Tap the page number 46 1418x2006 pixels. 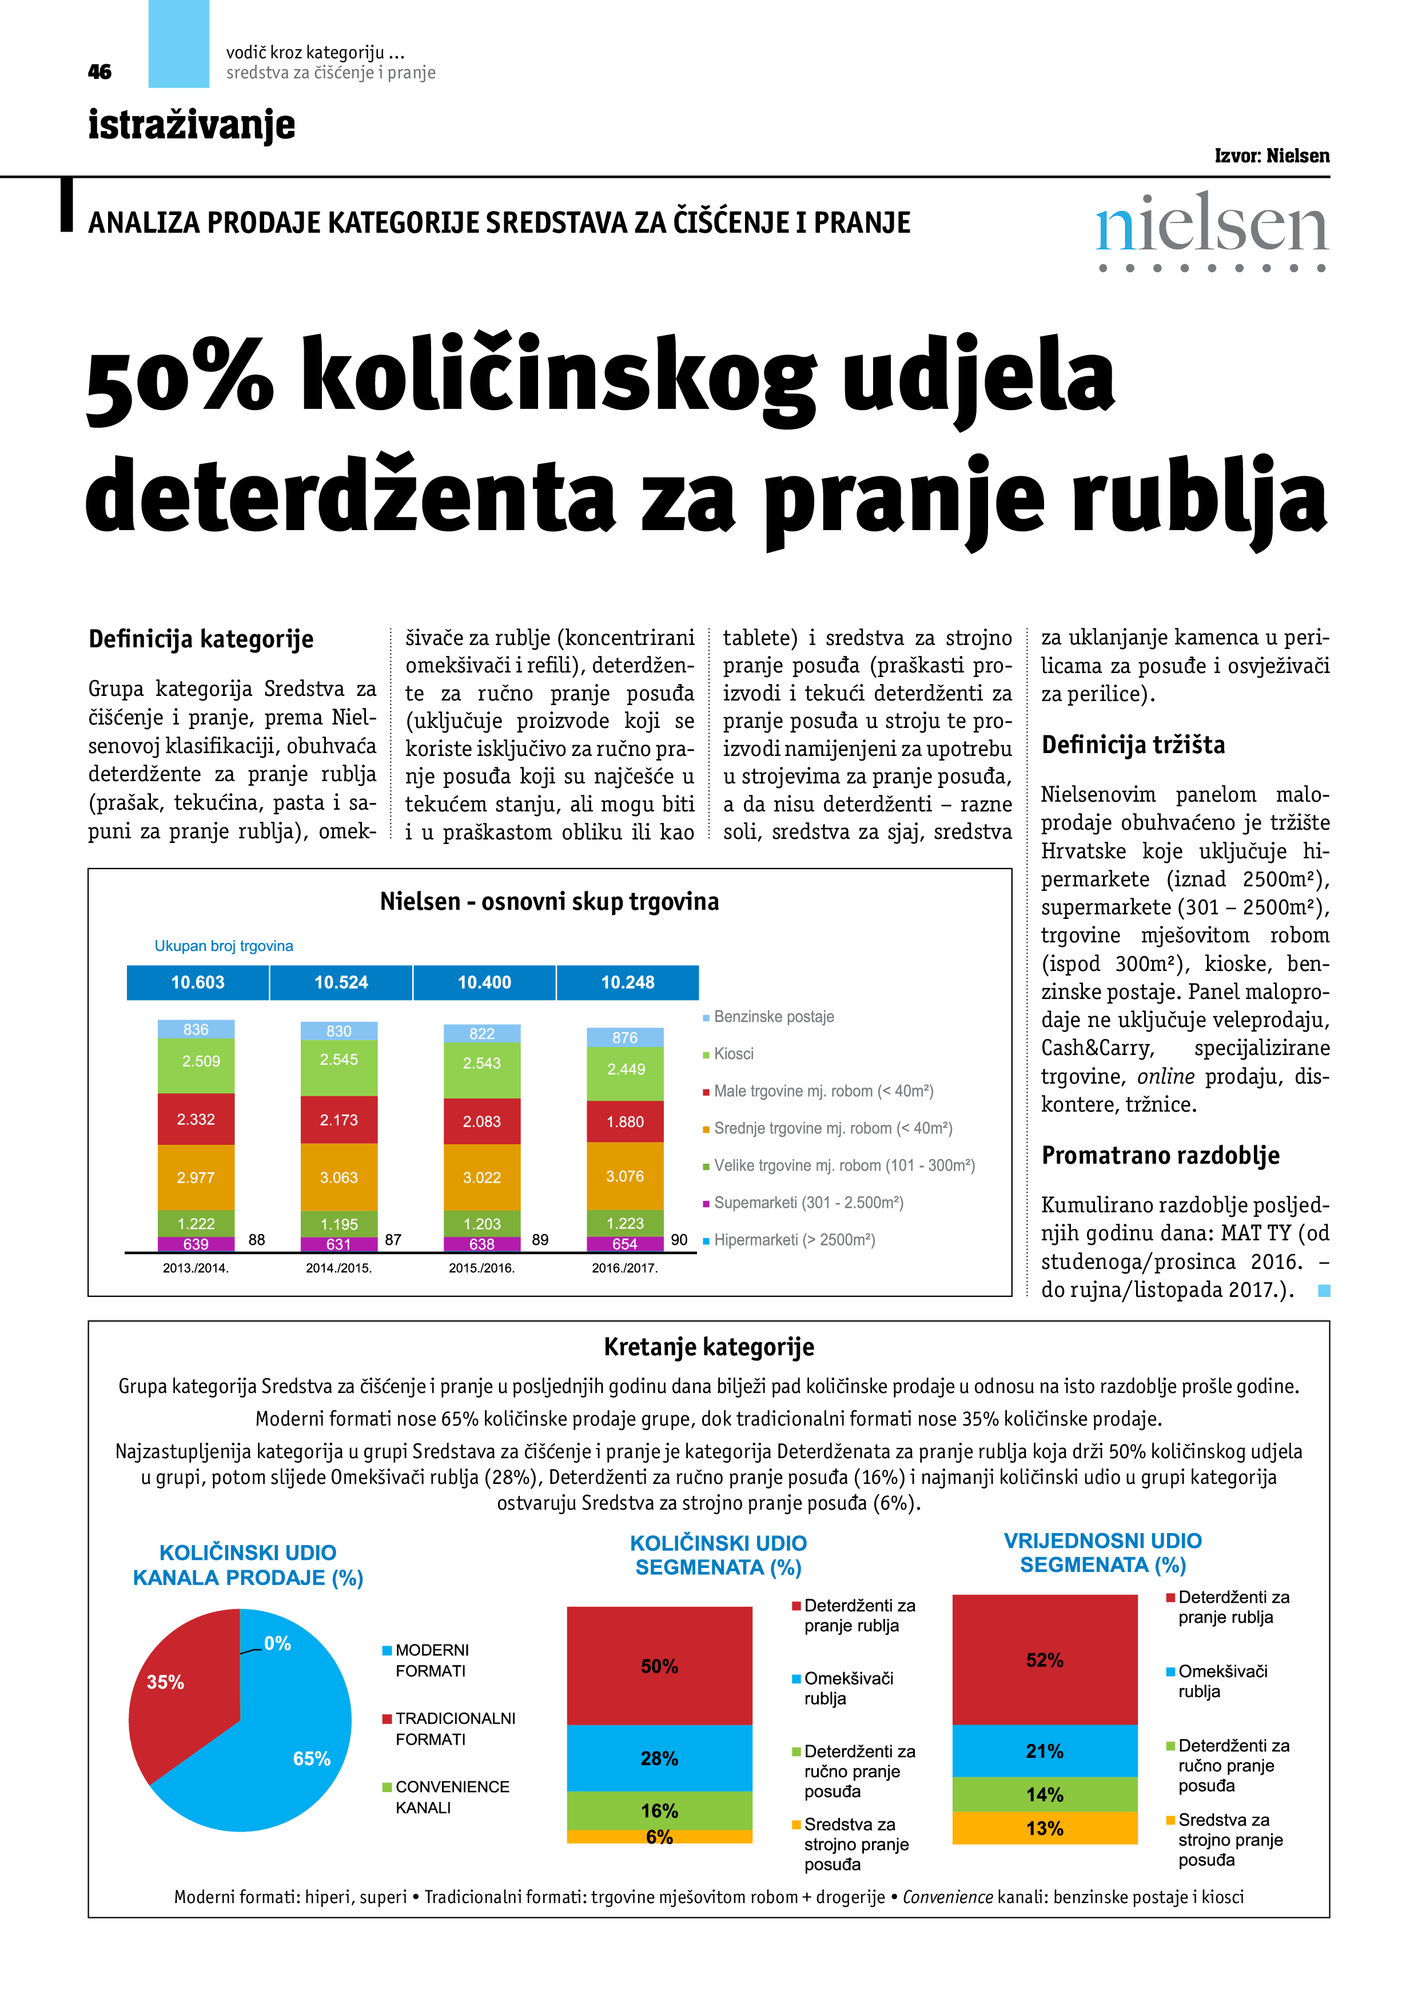(99, 71)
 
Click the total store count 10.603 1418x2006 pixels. (197, 982)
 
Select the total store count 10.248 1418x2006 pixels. (627, 982)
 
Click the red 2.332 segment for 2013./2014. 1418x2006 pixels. (196, 1119)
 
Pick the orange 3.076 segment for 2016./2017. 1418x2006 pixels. (625, 1176)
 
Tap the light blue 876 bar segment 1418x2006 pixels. (625, 1037)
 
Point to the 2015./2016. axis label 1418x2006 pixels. (481, 1268)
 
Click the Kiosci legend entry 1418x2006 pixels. (732, 1054)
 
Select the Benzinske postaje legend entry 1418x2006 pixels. (772, 1016)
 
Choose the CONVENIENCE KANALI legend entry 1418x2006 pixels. (451, 1797)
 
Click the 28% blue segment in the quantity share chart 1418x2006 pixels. (659, 1758)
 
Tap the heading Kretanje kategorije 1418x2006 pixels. (708, 1347)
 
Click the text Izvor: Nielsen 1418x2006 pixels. (1271, 156)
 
